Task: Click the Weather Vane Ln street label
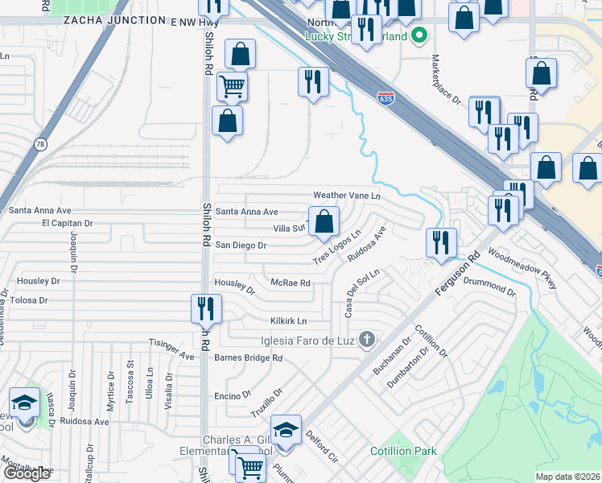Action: [346, 196]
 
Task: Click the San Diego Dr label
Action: [240, 245]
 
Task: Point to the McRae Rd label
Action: [291, 283]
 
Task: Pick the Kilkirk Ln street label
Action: [289, 320]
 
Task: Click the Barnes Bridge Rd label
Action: [249, 357]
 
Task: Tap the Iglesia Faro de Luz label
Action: [307, 339]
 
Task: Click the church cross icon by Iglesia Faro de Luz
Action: [367, 338]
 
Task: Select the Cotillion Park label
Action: [403, 451]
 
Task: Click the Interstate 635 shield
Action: [386, 98]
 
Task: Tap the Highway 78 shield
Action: [40, 143]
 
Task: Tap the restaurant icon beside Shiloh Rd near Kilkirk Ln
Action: [206, 307]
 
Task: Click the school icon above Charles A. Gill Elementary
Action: [285, 429]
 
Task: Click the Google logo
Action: [27, 473]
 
